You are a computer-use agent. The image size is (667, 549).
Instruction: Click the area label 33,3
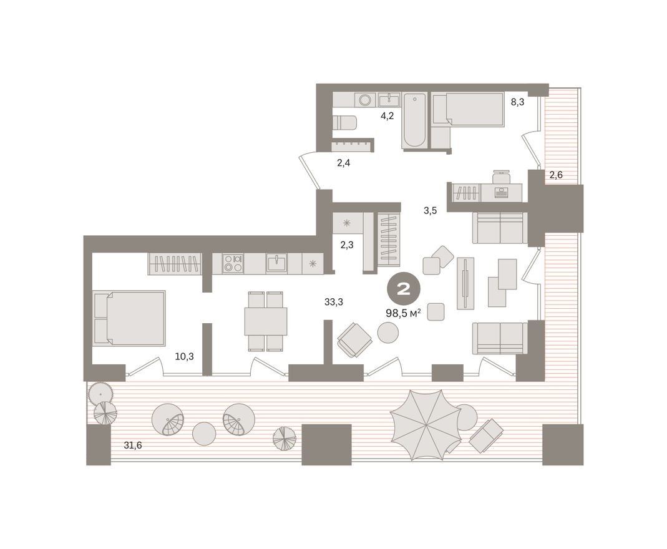[x=334, y=302]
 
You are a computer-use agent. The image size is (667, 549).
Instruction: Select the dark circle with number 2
[x=403, y=289]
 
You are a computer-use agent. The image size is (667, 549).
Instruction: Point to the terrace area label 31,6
[x=133, y=445]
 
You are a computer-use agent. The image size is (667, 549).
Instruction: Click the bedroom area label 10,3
[x=184, y=357]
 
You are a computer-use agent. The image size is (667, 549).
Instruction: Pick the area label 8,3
[x=517, y=102]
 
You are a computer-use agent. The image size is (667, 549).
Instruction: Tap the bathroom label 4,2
[x=387, y=115]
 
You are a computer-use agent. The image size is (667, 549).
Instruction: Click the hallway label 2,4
[x=344, y=163]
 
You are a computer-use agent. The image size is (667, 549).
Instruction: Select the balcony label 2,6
[x=556, y=175]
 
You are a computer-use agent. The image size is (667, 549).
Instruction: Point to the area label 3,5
[x=430, y=210]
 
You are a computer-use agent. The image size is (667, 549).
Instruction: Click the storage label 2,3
[x=347, y=245]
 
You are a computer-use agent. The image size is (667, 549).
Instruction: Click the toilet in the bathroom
[x=345, y=122]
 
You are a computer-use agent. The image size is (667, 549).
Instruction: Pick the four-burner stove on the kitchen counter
[x=233, y=263]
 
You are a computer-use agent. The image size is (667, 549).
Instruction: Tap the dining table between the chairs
[x=266, y=321]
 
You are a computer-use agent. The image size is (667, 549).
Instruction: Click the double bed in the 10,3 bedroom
[x=130, y=318]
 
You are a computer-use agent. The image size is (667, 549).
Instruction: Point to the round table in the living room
[x=390, y=333]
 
